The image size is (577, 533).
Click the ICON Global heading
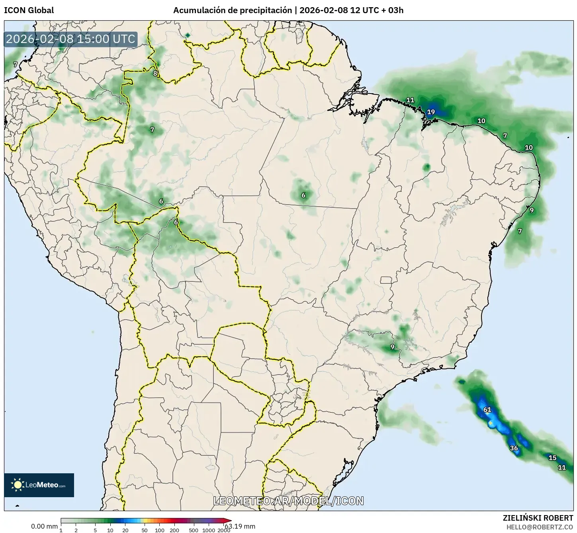(x=29, y=10)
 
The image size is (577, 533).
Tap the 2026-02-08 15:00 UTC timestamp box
(x=71, y=39)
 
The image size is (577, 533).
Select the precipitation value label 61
(x=487, y=410)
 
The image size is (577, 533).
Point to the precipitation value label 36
(x=514, y=448)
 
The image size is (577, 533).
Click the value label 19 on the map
(x=431, y=112)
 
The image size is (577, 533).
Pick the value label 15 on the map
(x=552, y=458)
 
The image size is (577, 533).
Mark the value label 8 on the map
(x=155, y=73)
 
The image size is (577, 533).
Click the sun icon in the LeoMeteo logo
(x=18, y=485)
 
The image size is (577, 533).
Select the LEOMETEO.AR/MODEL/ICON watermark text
(x=288, y=501)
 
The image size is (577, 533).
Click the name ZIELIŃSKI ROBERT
(x=538, y=518)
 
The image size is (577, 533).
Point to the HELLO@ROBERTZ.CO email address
(x=540, y=527)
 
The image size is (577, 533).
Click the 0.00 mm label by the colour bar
(x=44, y=526)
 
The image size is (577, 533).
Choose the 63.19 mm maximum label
(x=240, y=526)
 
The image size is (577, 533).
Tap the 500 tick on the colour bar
(x=193, y=530)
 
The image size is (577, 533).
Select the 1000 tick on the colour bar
(x=209, y=530)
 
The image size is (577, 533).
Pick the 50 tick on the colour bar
(x=145, y=530)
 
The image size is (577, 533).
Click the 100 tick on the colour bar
(x=159, y=530)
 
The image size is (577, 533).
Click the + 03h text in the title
(x=393, y=10)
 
